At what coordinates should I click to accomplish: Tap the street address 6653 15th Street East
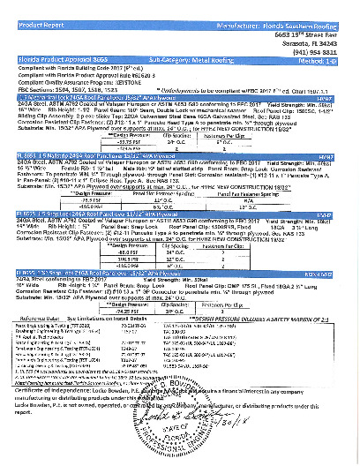[x=314, y=21]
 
